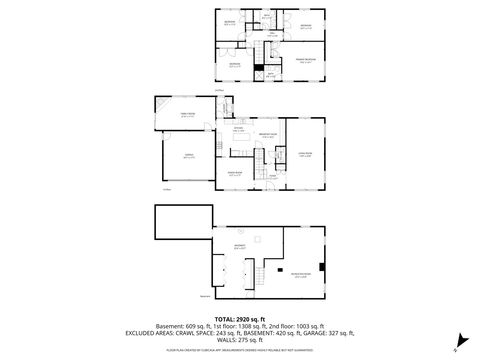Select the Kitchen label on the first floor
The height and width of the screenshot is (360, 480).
pos(238,129)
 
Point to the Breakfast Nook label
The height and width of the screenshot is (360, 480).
pos(267,136)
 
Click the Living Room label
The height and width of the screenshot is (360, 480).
pos(306,153)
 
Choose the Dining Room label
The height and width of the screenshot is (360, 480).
pos(237,173)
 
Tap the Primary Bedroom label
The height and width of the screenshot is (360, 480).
pos(299,59)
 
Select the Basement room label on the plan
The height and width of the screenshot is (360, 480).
pos(240,245)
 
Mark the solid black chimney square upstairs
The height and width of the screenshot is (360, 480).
pos(258,69)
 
